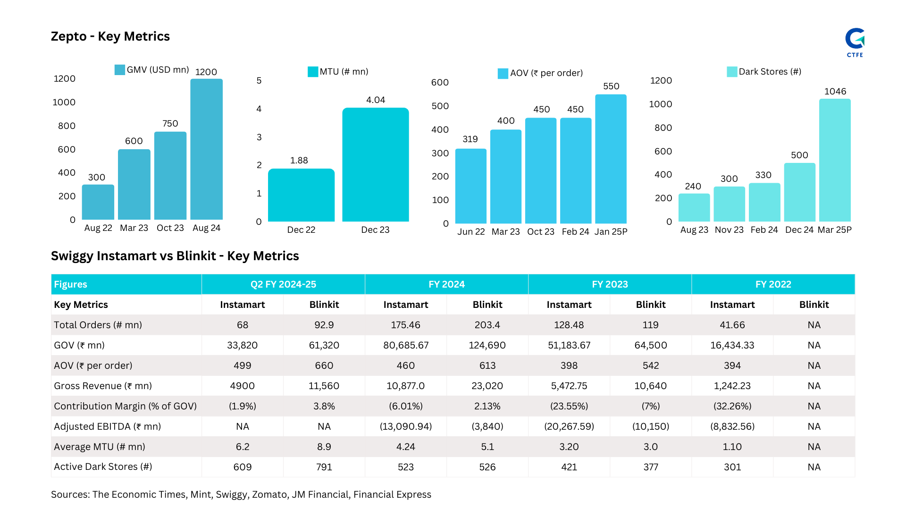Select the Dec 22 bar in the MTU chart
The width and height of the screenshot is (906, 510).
click(x=301, y=195)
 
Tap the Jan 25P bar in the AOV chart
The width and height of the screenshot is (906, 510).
click(x=611, y=159)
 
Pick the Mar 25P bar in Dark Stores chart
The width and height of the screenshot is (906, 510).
click(x=834, y=160)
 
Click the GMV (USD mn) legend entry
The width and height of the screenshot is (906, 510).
click(x=152, y=70)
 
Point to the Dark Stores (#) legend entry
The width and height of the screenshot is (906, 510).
click(x=764, y=72)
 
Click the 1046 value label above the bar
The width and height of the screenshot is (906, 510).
click(x=835, y=91)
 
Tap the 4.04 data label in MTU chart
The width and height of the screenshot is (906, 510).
click(x=376, y=100)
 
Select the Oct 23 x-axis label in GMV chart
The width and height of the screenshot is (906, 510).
click(x=170, y=228)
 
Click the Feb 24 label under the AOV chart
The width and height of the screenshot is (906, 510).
click(x=575, y=232)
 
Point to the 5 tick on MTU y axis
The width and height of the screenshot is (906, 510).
click(x=259, y=81)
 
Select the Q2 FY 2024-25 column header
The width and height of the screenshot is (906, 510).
click(x=283, y=284)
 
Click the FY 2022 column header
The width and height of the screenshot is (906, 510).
click(x=773, y=284)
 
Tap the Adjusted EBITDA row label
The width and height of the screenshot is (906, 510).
click(x=107, y=426)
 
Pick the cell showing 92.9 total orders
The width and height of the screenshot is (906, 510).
click(x=324, y=325)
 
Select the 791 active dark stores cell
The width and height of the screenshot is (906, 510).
click(x=324, y=467)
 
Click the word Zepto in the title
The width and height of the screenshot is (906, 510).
click(x=68, y=36)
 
